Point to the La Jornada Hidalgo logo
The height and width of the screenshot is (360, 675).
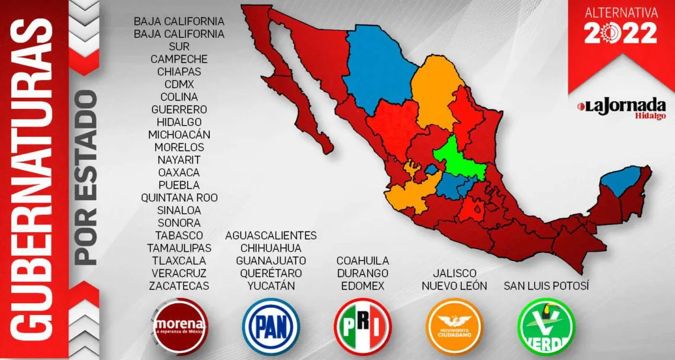click(x=621, y=108)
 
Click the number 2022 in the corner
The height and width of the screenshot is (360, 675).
click(x=621, y=33)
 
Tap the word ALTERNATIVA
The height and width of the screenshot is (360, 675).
click(x=621, y=12)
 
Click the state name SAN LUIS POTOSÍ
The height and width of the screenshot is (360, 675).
click(x=547, y=286)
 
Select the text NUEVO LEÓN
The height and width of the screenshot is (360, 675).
click(x=454, y=286)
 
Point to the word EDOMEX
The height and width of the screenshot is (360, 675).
click(x=362, y=286)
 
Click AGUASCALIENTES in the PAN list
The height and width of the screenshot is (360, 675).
click(x=271, y=235)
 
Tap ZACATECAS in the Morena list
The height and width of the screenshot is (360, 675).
click(x=179, y=286)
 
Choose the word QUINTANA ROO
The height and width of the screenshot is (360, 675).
click(x=179, y=197)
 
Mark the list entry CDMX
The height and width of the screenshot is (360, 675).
click(x=179, y=84)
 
